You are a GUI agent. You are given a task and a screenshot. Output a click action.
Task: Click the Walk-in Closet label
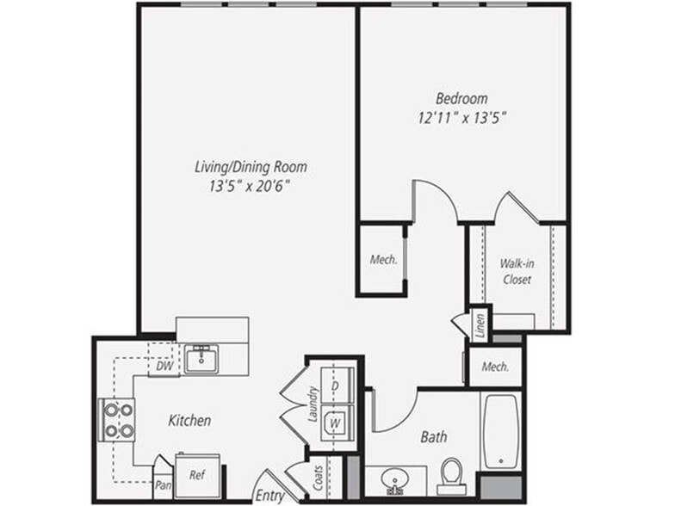click(x=516, y=272)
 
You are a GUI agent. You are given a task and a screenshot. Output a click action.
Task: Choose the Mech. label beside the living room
click(x=383, y=260)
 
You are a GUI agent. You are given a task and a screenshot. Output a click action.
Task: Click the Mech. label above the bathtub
click(x=495, y=367)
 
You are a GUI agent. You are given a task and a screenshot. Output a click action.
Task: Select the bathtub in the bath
click(x=501, y=430)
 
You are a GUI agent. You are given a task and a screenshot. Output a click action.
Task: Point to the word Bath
click(x=433, y=437)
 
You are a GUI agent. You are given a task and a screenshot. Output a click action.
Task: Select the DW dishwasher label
click(x=164, y=367)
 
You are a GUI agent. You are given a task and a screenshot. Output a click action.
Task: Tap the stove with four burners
click(x=118, y=420)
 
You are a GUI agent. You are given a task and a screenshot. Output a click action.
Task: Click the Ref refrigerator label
click(x=196, y=473)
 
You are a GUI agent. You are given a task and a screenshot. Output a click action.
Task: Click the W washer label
click(x=336, y=423)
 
